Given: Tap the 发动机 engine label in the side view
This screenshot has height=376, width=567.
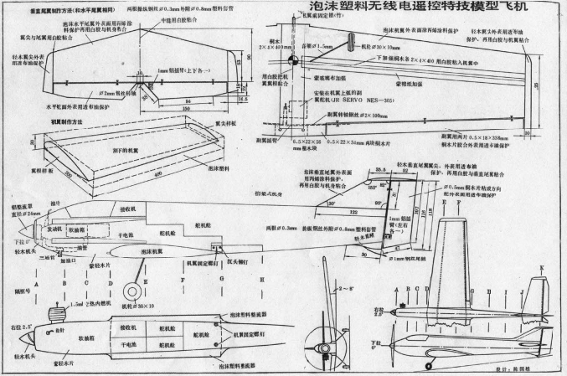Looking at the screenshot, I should pyautogui.click(x=54, y=226).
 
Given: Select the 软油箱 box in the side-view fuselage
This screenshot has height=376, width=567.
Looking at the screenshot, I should pyautogui.click(x=76, y=228).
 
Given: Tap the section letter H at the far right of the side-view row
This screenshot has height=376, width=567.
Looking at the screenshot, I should pyautogui.click(x=262, y=279).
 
